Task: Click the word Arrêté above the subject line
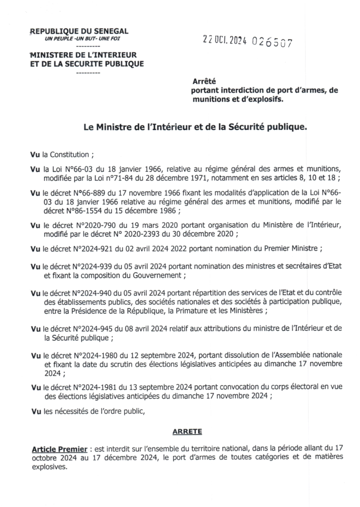[x=204, y=83]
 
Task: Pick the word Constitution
[x=71, y=154]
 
